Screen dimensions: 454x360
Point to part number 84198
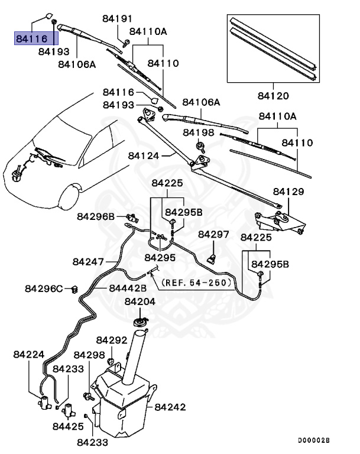pyautogui.click(x=199, y=132)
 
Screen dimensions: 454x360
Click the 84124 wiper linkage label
pyautogui.click(x=144, y=156)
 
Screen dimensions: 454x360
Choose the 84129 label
pyautogui.click(x=288, y=192)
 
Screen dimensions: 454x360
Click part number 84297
pyautogui.click(x=213, y=235)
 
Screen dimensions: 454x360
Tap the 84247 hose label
pyautogui.click(x=89, y=261)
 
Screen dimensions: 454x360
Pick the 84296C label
pyautogui.click(x=44, y=288)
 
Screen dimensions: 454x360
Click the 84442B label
pyautogui.click(x=127, y=288)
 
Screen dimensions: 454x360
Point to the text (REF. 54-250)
pyautogui.click(x=194, y=283)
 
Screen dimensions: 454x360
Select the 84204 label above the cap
pyautogui.click(x=140, y=301)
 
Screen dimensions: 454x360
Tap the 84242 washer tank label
pyautogui.click(x=170, y=407)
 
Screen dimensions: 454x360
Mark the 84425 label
pyautogui.click(x=67, y=426)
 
